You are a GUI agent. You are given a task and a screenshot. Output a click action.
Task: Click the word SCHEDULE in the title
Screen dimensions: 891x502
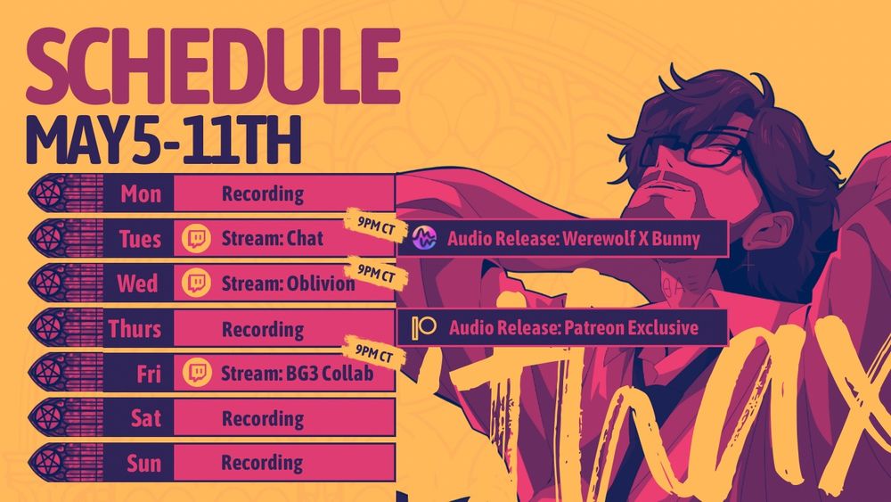(213, 67)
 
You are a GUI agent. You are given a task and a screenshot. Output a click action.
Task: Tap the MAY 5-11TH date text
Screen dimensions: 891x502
(163, 140)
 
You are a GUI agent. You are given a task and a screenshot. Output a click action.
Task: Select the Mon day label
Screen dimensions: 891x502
(141, 194)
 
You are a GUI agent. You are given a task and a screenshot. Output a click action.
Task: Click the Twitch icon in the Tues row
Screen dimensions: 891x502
(197, 238)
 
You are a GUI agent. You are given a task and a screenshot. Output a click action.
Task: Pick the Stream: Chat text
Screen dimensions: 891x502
(272, 238)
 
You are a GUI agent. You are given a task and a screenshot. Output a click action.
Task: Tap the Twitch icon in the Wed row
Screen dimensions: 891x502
(197, 283)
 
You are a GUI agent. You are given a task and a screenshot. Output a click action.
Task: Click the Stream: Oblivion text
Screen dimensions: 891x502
(288, 283)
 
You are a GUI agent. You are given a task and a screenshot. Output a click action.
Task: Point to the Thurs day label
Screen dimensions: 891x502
(135, 329)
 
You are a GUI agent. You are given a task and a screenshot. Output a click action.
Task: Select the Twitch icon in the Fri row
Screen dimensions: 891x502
(197, 373)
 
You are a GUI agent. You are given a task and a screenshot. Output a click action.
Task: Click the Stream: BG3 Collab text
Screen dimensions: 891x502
(298, 373)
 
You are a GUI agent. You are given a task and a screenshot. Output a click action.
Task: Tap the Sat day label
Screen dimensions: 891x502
(146, 418)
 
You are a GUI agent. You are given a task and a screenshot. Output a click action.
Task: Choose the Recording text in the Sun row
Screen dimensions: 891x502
(262, 463)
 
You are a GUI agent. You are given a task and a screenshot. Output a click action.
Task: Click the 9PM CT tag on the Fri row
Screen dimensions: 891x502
(374, 353)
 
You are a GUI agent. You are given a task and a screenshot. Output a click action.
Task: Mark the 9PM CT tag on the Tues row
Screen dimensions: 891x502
(376, 226)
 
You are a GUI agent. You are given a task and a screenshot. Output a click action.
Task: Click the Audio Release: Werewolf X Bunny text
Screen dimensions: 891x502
(573, 239)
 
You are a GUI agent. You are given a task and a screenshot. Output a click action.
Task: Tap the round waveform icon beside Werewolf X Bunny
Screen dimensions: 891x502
(424, 238)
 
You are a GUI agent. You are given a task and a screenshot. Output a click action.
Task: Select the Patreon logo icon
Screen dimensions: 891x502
(424, 327)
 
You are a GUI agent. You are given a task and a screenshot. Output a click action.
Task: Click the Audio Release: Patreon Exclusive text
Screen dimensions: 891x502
(574, 327)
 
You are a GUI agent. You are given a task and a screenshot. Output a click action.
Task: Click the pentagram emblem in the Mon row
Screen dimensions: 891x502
(48, 193)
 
